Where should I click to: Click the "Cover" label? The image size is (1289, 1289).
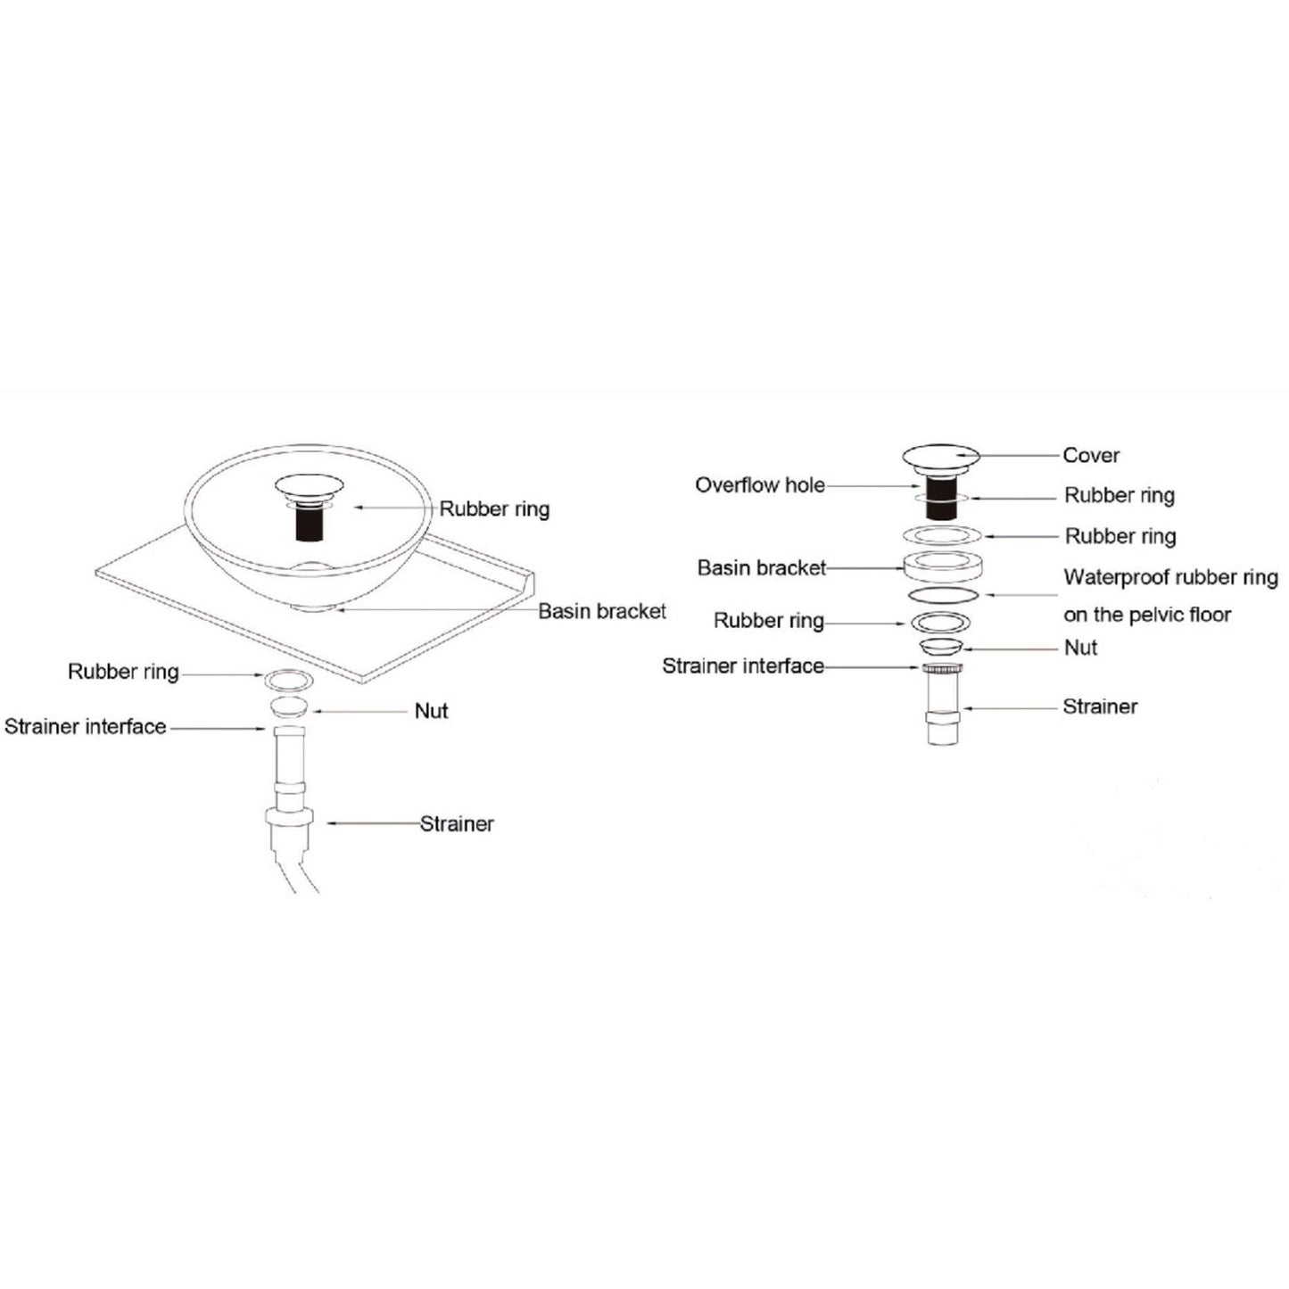tap(1091, 456)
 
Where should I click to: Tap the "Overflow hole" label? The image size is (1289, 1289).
tap(760, 485)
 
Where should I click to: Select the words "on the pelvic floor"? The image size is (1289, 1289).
tap(1147, 615)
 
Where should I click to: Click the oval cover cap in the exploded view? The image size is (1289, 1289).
tap(940, 456)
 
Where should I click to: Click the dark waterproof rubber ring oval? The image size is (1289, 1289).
tap(943, 594)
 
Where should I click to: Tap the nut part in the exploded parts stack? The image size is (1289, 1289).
tap(940, 647)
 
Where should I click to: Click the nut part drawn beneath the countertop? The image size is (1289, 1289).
tap(289, 707)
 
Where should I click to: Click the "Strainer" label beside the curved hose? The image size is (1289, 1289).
tap(457, 823)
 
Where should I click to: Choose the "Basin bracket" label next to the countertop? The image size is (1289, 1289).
tap(602, 611)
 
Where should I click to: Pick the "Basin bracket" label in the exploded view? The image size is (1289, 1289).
tap(762, 568)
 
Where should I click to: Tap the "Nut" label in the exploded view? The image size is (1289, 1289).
tap(1080, 648)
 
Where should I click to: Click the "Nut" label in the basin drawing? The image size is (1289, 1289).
tap(432, 710)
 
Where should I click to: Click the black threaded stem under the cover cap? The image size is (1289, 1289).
tap(941, 494)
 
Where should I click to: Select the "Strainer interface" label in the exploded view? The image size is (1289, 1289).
tap(743, 666)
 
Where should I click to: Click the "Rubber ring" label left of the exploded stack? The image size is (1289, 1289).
tap(769, 621)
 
